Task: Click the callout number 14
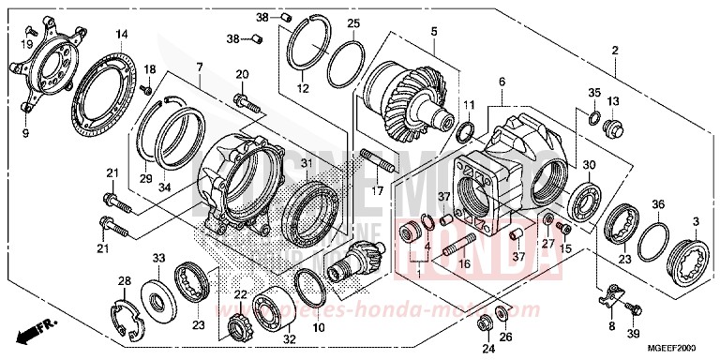coord(121,35)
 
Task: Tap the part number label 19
coord(28,43)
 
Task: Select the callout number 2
coord(614,50)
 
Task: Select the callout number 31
coord(306,161)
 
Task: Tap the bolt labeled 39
coord(633,307)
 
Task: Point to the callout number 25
coord(352,23)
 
